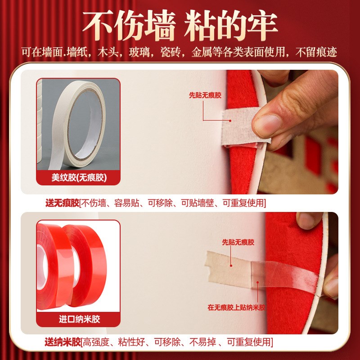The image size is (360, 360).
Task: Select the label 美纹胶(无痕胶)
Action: pyautogui.click(x=79, y=178)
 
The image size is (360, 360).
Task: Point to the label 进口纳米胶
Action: pyautogui.click(x=79, y=319)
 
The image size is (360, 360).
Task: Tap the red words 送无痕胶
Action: pyautogui.click(x=62, y=203)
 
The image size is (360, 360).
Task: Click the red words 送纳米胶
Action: pyautogui.click(x=62, y=342)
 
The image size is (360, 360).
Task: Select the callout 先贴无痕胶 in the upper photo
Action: pyautogui.click(x=205, y=95)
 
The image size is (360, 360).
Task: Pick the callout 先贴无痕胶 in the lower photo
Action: pyautogui.click(x=238, y=242)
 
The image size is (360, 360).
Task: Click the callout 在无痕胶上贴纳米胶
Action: pyautogui.click(x=236, y=308)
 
